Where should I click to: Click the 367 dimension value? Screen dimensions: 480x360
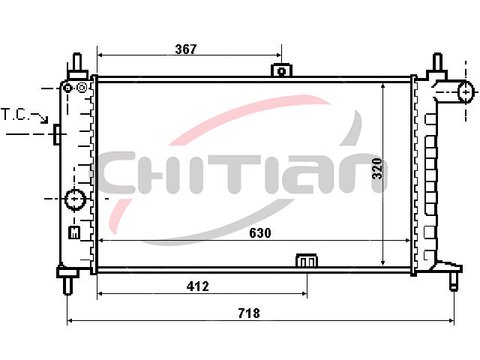(186, 49)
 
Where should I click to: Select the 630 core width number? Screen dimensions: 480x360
(260, 233)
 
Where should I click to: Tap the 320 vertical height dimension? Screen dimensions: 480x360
(377, 168)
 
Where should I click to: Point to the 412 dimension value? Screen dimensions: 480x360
(198, 286)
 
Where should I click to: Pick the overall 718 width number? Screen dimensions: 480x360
(249, 313)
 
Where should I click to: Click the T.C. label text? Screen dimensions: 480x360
(15, 115)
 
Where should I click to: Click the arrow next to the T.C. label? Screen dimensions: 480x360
(40, 118)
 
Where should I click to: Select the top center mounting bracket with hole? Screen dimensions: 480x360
(281, 70)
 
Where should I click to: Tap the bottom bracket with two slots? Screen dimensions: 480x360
(307, 260)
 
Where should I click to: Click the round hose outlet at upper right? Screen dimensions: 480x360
(465, 91)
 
